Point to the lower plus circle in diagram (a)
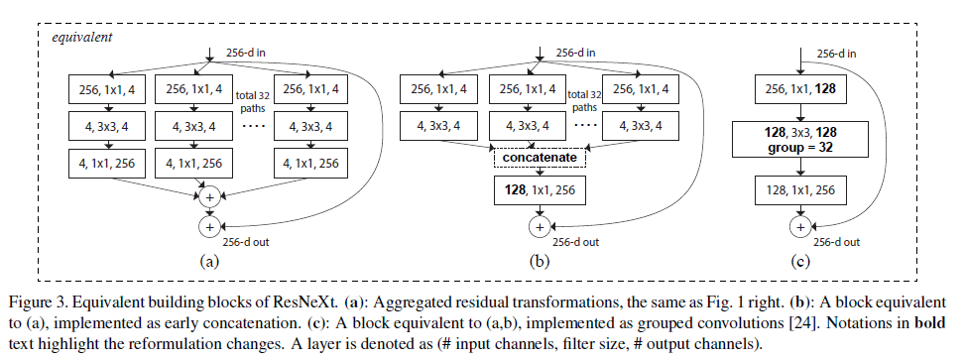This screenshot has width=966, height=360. click(210, 227)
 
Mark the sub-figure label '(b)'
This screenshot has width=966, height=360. click(538, 263)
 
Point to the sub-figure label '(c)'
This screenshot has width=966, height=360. click(799, 263)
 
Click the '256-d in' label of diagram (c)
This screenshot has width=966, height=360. click(839, 53)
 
